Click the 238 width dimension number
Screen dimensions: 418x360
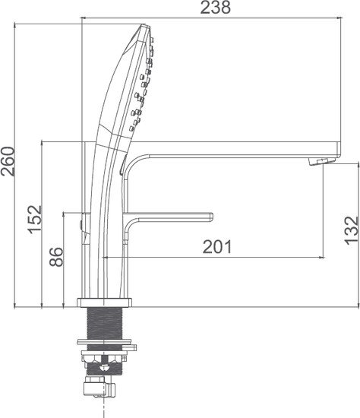pyautogui.click(x=215, y=8)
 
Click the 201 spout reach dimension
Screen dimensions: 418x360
pyautogui.click(x=216, y=246)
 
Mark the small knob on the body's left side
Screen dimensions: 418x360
pyautogui.click(x=81, y=225)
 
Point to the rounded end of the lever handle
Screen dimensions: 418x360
pyautogui.click(x=210, y=216)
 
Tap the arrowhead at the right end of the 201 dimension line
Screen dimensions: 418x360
pyautogui.click(x=322, y=256)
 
